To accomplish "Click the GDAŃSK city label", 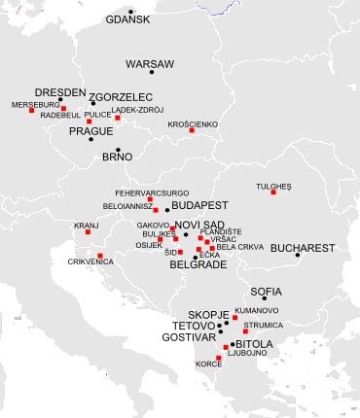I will pyautogui.click(x=128, y=18).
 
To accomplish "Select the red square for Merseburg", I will pyautogui.click(x=31, y=111).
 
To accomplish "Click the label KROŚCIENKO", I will pyautogui.click(x=193, y=124).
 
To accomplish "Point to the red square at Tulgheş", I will pyautogui.click(x=273, y=192).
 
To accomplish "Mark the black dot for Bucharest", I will pyautogui.click(x=299, y=255).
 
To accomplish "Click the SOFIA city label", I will pyautogui.click(x=267, y=291).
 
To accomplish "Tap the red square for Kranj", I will pyautogui.click(x=88, y=232).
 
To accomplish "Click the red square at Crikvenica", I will pyautogui.click(x=100, y=255).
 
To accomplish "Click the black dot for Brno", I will pyautogui.click(x=118, y=150).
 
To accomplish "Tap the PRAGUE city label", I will pyautogui.click(x=91, y=131).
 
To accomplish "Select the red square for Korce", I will pyautogui.click(x=218, y=358).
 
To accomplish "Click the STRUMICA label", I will pyautogui.click(x=263, y=325).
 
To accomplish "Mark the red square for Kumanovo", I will pyautogui.click(x=234, y=317).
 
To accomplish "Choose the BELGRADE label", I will pyautogui.click(x=198, y=263).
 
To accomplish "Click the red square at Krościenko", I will pyautogui.click(x=193, y=131).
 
